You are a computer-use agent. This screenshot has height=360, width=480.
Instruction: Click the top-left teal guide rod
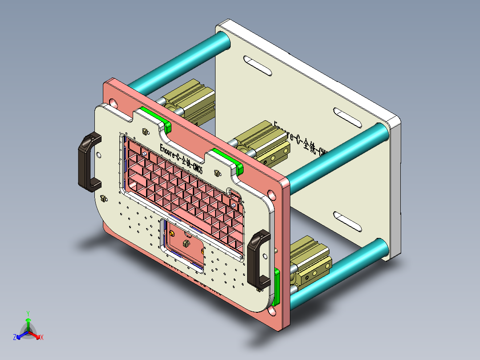pyautogui.click(x=178, y=63)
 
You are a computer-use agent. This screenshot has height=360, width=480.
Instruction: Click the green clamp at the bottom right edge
pyautogui.click(x=277, y=286)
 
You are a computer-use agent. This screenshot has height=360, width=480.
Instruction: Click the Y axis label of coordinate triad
pyautogui.click(x=28, y=313)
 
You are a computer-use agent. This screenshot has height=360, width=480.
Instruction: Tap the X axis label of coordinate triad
pyautogui.click(x=42, y=338)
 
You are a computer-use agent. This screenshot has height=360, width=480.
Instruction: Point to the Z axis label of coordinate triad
pyautogui.click(x=14, y=338)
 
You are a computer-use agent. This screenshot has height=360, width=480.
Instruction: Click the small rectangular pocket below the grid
pyautogui.click(x=185, y=245)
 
